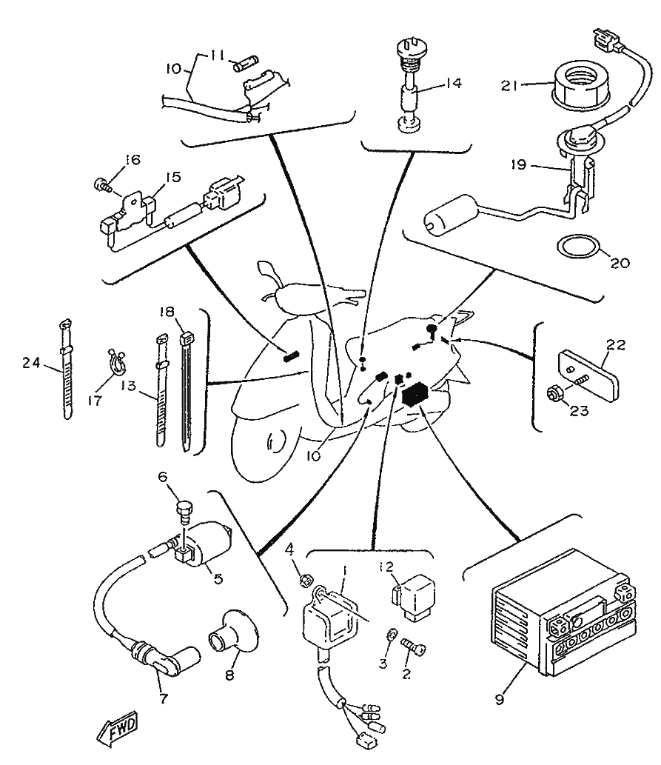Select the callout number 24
pyautogui.click(x=30, y=363)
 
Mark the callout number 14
pyautogui.click(x=454, y=84)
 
